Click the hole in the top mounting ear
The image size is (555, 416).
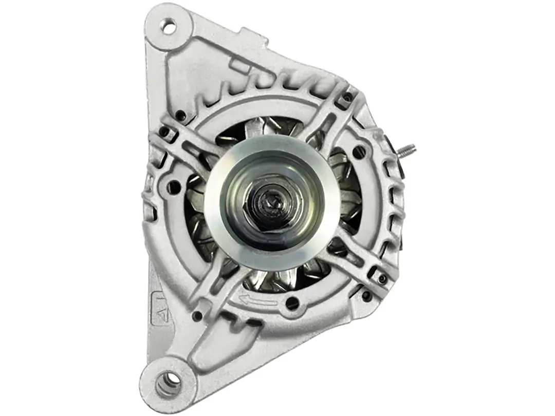[x=168, y=24]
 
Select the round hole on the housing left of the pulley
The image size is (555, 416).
[x=175, y=187]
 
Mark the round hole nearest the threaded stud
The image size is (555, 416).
[x=359, y=152]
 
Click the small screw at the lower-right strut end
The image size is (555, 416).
[x=382, y=279]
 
